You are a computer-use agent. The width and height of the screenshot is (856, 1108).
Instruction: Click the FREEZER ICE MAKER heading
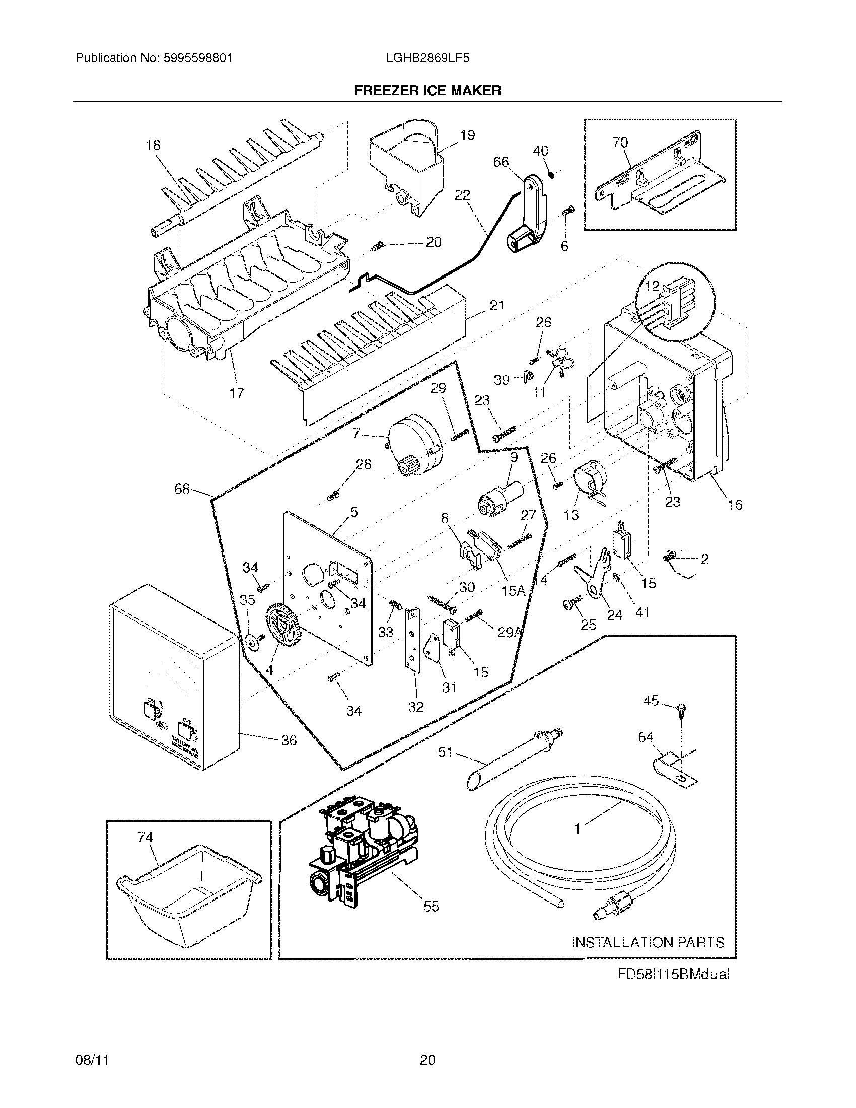tap(427, 90)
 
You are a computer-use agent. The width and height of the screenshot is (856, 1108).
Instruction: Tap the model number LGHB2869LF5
tap(427, 58)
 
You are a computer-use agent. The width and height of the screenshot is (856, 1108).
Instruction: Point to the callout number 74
tap(145, 837)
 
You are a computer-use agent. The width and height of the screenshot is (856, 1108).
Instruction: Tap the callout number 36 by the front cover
tap(289, 740)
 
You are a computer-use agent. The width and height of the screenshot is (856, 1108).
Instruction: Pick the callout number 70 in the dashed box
tap(620, 143)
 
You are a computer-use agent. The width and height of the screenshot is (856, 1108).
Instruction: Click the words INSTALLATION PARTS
tap(648, 942)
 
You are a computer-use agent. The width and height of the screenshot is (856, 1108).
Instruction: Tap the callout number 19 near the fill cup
tap(467, 135)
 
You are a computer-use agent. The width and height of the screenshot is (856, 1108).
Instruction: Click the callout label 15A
tap(513, 590)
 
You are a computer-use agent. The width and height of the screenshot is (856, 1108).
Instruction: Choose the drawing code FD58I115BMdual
tap(673, 974)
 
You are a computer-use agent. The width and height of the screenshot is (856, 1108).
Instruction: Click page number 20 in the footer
tap(427, 1059)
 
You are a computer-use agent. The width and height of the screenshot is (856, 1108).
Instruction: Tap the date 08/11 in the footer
tap(92, 1059)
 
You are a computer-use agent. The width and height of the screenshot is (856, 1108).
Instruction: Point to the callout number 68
tap(182, 489)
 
